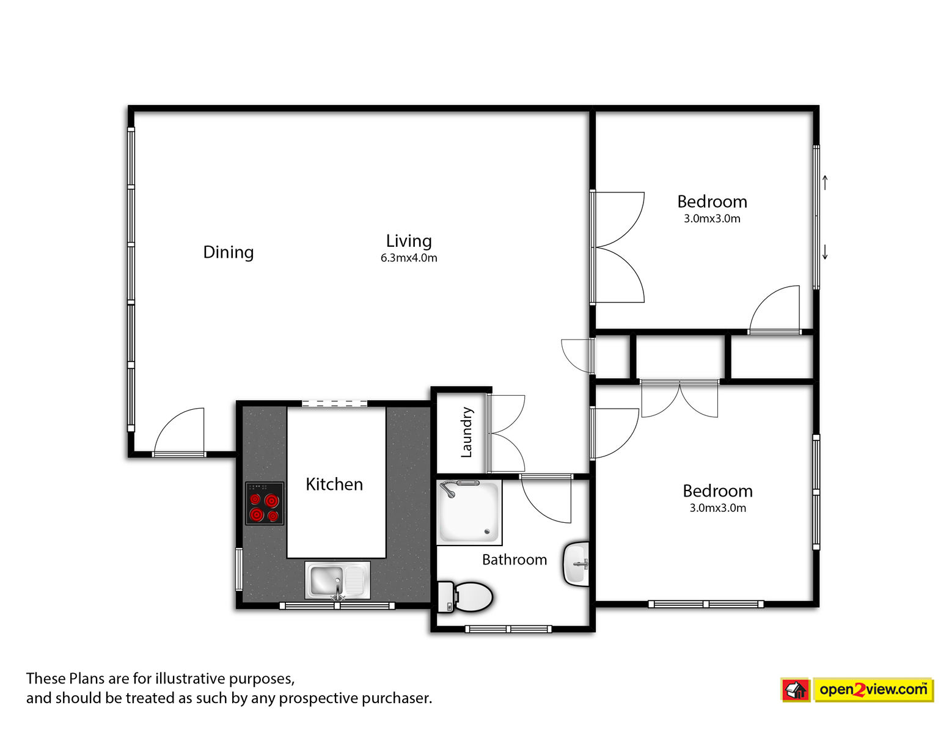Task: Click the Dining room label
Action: point(229,252)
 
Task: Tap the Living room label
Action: point(409,241)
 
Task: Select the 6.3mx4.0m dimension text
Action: point(409,258)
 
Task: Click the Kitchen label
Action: point(334,484)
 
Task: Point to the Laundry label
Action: point(466,432)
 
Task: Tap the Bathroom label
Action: point(515,560)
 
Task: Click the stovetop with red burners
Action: point(264,503)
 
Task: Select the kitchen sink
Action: point(337,580)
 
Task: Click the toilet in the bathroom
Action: point(465,597)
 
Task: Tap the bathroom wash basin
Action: point(576,564)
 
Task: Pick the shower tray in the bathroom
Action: point(469,512)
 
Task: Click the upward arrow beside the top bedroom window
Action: point(825,183)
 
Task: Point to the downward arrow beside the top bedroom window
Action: point(825,252)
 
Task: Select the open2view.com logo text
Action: point(873,690)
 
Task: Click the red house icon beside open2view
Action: point(795,690)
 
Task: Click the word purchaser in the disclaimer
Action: point(397,699)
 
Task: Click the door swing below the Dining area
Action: point(179,431)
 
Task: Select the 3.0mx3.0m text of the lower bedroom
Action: point(717,508)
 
